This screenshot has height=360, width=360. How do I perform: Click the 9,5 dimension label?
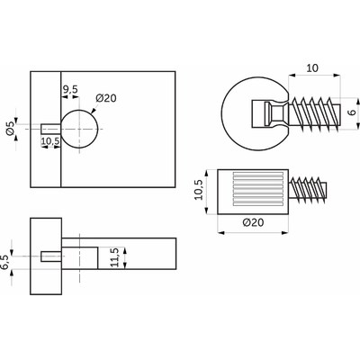(x=70, y=89)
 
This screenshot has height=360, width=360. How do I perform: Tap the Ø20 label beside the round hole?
(x=106, y=98)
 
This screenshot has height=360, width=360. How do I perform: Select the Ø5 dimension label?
(x=10, y=129)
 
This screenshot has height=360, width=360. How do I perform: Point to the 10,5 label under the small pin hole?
(x=50, y=141)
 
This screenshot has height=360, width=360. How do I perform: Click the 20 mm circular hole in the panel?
(x=79, y=129)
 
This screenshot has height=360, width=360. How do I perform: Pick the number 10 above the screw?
(x=312, y=68)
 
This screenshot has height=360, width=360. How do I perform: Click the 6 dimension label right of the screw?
(x=353, y=112)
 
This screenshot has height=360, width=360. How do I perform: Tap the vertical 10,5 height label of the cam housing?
(x=198, y=190)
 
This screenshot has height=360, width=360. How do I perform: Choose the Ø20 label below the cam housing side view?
(x=253, y=222)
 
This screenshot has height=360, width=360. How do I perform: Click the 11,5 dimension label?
(x=114, y=257)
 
